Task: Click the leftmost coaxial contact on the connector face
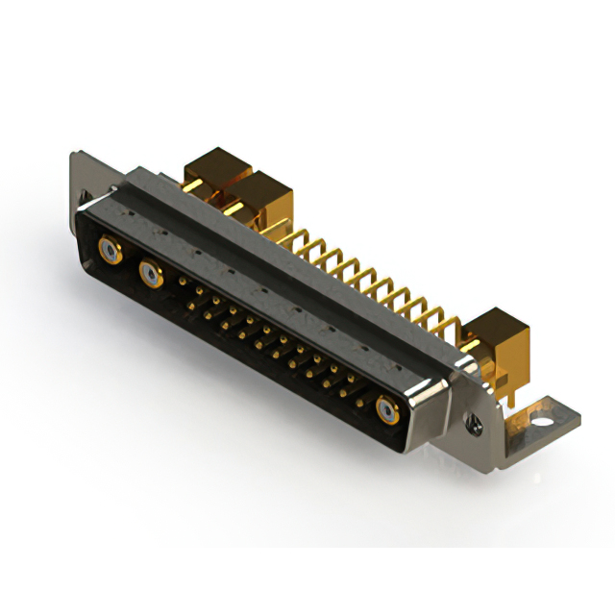pos(111,254)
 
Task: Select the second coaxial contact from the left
pos(151,277)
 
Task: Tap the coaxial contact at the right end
pos(387,410)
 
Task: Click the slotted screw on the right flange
pos(473,420)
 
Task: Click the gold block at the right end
pos(500,334)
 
